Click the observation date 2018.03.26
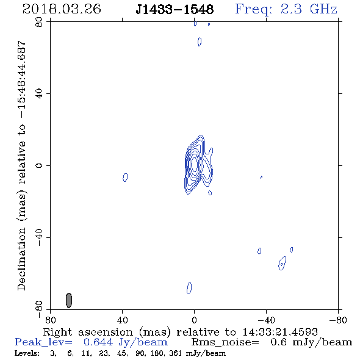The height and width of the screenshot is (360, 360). pyautogui.click(x=62, y=9)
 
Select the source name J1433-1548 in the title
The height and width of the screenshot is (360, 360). pyautogui.click(x=175, y=9)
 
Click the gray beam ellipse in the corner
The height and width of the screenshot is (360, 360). pyautogui.click(x=69, y=300)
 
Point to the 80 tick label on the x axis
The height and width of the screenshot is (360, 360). pyautogui.click(x=50, y=320)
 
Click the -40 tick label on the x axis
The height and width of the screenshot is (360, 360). pyautogui.click(x=266, y=320)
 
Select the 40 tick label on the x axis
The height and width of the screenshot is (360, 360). pyautogui.click(x=123, y=320)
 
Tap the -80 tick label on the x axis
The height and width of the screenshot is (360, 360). pyautogui.click(x=338, y=320)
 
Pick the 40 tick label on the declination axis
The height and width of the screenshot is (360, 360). pyautogui.click(x=39, y=94)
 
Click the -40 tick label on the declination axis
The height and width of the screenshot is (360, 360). pyautogui.click(x=39, y=237)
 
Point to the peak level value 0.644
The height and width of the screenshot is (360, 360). pyautogui.click(x=98, y=342)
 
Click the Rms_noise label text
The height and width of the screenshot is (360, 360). pyautogui.click(x=225, y=342)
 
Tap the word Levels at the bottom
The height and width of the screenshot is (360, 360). pyautogui.click(x=27, y=353)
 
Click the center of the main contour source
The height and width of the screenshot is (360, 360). pyautogui.click(x=195, y=164)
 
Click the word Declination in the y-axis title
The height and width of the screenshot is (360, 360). pyautogui.click(x=21, y=259)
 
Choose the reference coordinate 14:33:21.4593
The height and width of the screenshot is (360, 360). pyautogui.click(x=280, y=332)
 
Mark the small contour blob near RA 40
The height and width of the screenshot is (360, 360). pyautogui.click(x=125, y=177)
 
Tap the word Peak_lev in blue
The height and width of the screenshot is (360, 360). pyautogui.click(x=43, y=342)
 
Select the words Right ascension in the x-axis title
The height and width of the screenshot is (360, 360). pyautogui.click(x=88, y=332)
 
